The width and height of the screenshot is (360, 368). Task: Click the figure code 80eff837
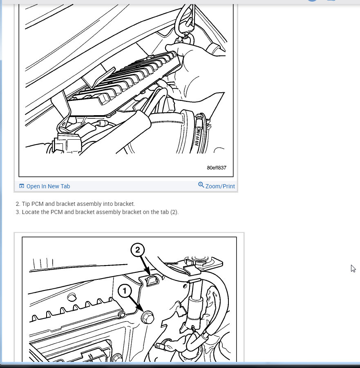pyautogui.click(x=217, y=167)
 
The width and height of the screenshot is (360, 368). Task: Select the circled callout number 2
pyautogui.click(x=138, y=250)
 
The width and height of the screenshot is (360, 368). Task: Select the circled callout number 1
pyautogui.click(x=125, y=291)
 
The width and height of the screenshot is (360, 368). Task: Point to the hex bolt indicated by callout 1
pyautogui.click(x=148, y=317)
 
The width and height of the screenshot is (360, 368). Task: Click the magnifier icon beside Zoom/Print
pyautogui.click(x=201, y=185)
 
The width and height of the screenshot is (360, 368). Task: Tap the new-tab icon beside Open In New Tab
pyautogui.click(x=21, y=186)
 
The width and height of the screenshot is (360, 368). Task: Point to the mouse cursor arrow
pyautogui.click(x=353, y=268)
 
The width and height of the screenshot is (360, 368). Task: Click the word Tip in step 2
pyautogui.click(x=26, y=204)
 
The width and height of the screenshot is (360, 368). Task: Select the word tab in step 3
pyautogui.click(x=165, y=212)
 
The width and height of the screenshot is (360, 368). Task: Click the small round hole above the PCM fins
pyautogui.click(x=72, y=297)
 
